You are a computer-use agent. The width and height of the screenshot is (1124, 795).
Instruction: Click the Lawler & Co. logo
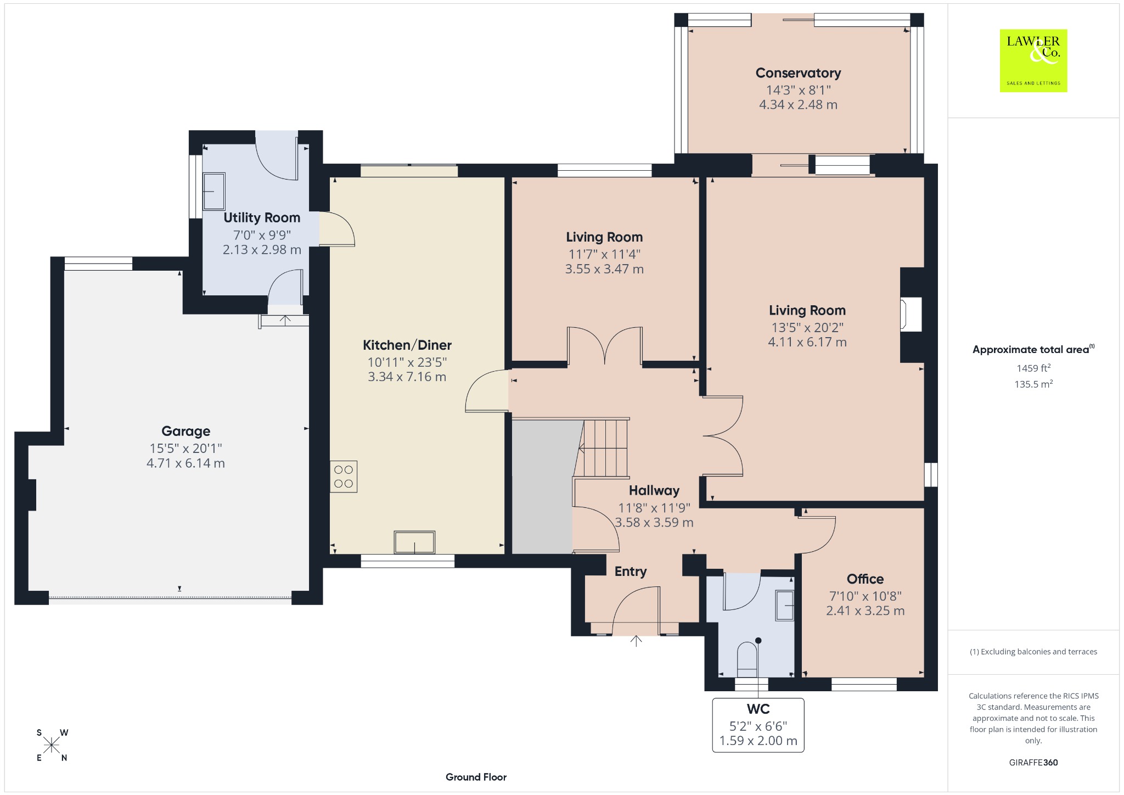tap(1033, 60)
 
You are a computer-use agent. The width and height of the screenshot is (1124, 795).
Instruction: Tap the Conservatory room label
tap(798, 73)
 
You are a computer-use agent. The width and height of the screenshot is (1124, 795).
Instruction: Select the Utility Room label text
tap(262, 217)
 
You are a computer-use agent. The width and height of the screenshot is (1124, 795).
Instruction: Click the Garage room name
tap(186, 431)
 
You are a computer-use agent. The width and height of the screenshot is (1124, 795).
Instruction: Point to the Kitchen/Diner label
tap(407, 345)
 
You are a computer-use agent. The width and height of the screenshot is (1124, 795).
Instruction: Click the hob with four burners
tap(344, 477)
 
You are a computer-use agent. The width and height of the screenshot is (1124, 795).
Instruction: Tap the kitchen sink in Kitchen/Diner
tap(414, 542)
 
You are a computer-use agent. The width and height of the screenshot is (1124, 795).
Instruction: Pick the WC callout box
tap(758, 725)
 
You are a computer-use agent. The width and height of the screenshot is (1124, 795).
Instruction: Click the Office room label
tap(865, 579)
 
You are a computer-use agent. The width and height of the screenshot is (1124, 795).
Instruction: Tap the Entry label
tap(631, 572)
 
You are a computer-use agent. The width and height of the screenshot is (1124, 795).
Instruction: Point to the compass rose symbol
tap(52, 745)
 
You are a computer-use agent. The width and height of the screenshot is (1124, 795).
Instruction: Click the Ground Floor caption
tap(476, 777)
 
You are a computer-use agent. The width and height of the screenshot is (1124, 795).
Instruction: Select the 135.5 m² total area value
tap(1033, 384)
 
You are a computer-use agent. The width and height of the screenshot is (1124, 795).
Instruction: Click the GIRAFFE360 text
tap(1033, 762)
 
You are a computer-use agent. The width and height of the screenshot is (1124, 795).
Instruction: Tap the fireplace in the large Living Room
tap(911, 315)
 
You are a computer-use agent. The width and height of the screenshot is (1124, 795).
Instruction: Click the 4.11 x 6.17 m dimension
tap(807, 342)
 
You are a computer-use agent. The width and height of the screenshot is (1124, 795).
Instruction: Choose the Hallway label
tap(654, 490)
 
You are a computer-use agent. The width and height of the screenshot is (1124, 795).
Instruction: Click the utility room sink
tap(214, 191)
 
